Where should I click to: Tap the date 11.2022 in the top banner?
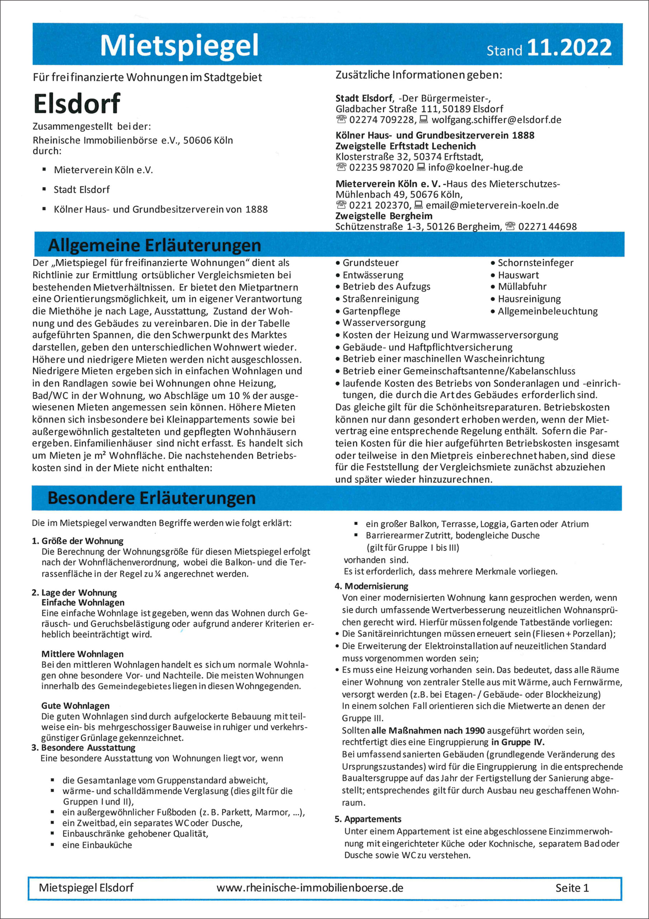(569, 48)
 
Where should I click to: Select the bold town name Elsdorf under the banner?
(76, 104)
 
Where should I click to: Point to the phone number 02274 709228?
(382, 120)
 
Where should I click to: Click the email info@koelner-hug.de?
(475, 167)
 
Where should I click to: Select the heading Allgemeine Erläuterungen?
(154, 245)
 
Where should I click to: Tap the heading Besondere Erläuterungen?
(152, 498)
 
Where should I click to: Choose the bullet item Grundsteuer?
(370, 263)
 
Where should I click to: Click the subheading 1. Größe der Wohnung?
(77, 541)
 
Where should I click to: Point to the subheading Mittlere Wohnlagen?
(82, 654)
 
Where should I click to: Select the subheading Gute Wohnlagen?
(75, 705)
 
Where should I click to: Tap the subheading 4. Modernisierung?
(371, 586)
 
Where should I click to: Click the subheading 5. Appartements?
(368, 819)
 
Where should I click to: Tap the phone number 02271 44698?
(548, 227)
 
